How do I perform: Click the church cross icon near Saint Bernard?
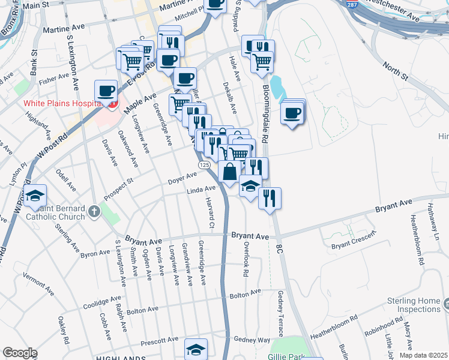point(94,211)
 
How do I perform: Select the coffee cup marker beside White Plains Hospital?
point(106,92)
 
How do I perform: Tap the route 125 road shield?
point(205,164)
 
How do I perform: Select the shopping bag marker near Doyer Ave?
point(230,172)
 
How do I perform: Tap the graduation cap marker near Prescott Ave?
point(196,350)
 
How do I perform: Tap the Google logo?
point(19,352)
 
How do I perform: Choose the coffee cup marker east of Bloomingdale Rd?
point(292,113)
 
